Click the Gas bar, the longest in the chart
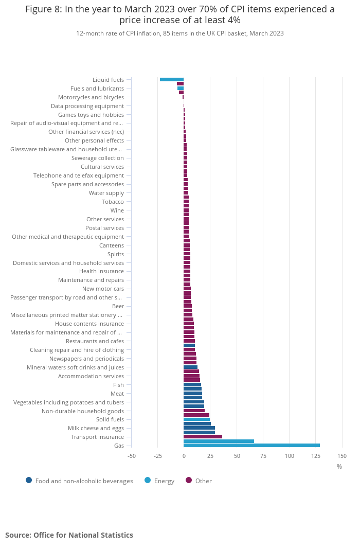point(251,446)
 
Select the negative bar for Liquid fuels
point(172,79)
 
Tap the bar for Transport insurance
point(203,437)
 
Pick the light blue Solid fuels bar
point(196,419)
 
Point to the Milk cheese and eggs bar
point(199,428)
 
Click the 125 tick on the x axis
point(316,456)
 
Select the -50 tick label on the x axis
point(131,456)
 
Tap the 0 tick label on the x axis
point(184,456)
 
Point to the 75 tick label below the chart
point(263,456)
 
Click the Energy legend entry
point(164,481)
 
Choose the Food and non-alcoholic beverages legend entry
point(84,481)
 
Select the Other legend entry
point(203,481)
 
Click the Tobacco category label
point(113,202)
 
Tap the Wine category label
point(117,210)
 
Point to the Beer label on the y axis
point(118,306)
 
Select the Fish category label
point(118,385)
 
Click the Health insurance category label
point(101,271)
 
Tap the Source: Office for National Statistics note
point(69,535)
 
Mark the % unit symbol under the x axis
point(339,467)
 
